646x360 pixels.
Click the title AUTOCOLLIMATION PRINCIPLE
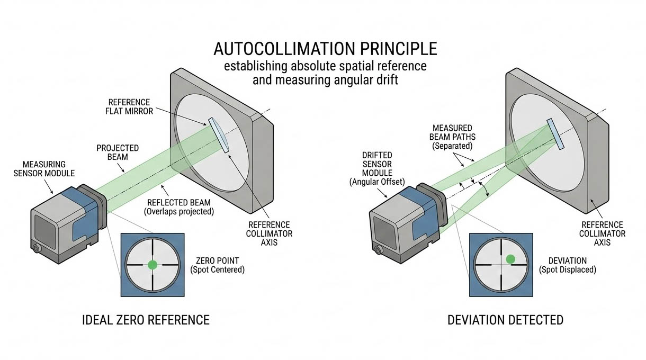pos(325,49)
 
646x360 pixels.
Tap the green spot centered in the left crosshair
pos(152,265)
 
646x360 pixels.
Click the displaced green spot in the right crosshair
pos(510,259)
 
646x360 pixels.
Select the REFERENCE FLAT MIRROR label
pos(129,106)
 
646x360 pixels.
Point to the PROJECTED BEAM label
pos(118,152)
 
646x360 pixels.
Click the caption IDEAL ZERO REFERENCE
pos(145,320)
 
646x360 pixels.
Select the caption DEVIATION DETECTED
pos(505,320)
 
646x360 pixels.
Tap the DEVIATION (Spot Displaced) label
pos(567,265)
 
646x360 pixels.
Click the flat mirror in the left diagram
pos(219,134)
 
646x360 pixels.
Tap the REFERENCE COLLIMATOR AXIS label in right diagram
pos(602,233)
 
